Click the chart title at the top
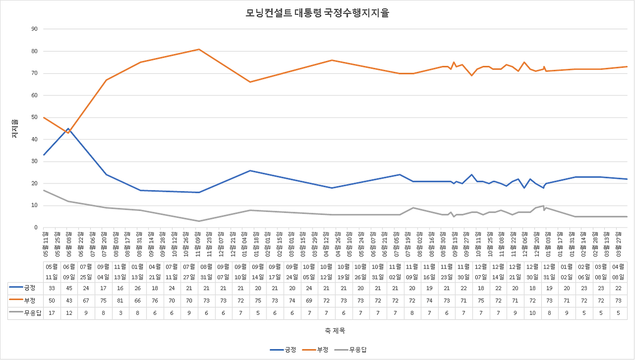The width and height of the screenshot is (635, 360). click(317, 13)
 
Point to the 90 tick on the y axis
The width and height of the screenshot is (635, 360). click(34, 29)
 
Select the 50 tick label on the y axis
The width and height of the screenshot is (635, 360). click(34, 118)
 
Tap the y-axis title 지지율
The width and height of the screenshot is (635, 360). click(15, 128)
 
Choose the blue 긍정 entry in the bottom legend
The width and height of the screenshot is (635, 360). click(283, 350)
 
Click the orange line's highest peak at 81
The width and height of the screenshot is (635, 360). click(198, 49)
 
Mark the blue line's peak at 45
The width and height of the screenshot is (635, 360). click(68, 128)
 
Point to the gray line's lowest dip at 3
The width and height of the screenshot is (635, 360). click(198, 221)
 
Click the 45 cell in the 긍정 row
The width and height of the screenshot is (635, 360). click(68, 288)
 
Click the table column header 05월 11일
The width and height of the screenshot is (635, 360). click(52, 271)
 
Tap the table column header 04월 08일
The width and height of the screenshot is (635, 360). click(617, 271)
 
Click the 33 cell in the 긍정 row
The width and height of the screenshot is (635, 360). click(52, 288)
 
